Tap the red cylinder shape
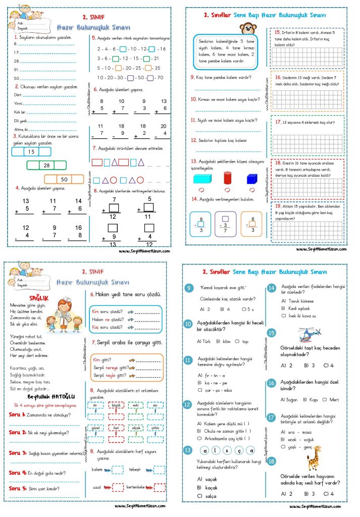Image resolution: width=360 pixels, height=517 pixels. (x=227, y=178)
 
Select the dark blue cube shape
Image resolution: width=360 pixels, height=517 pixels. (x=252, y=179)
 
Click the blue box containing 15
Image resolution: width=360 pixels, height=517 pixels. (x=31, y=151)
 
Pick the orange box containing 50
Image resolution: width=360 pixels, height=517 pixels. (x=64, y=179)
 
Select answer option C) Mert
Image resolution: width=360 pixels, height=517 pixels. (x=330, y=399)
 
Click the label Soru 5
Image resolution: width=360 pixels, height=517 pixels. (x=17, y=489)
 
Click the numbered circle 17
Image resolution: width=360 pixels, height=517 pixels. (x=272, y=418)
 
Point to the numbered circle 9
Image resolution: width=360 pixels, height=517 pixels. (x=189, y=288)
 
